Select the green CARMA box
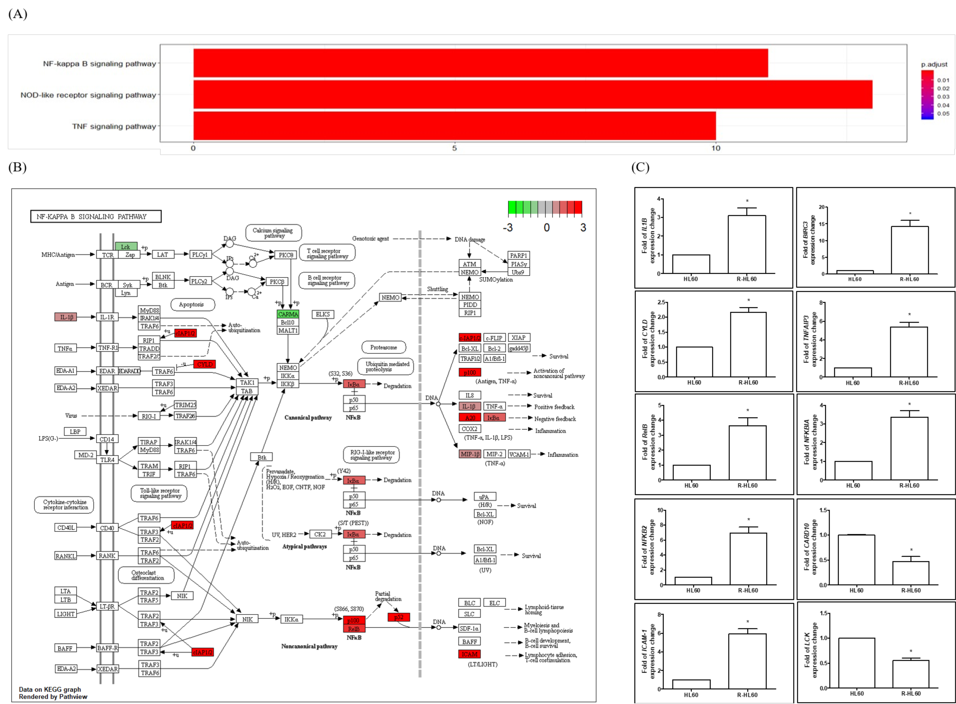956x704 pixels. click(x=288, y=314)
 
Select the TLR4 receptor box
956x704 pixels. click(x=107, y=460)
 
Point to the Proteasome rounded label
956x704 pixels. click(x=383, y=347)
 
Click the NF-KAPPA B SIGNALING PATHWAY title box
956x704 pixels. click(x=96, y=217)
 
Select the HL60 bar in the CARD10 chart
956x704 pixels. click(x=856, y=560)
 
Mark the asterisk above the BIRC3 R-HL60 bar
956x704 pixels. click(x=910, y=214)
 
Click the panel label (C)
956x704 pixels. click(x=640, y=167)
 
